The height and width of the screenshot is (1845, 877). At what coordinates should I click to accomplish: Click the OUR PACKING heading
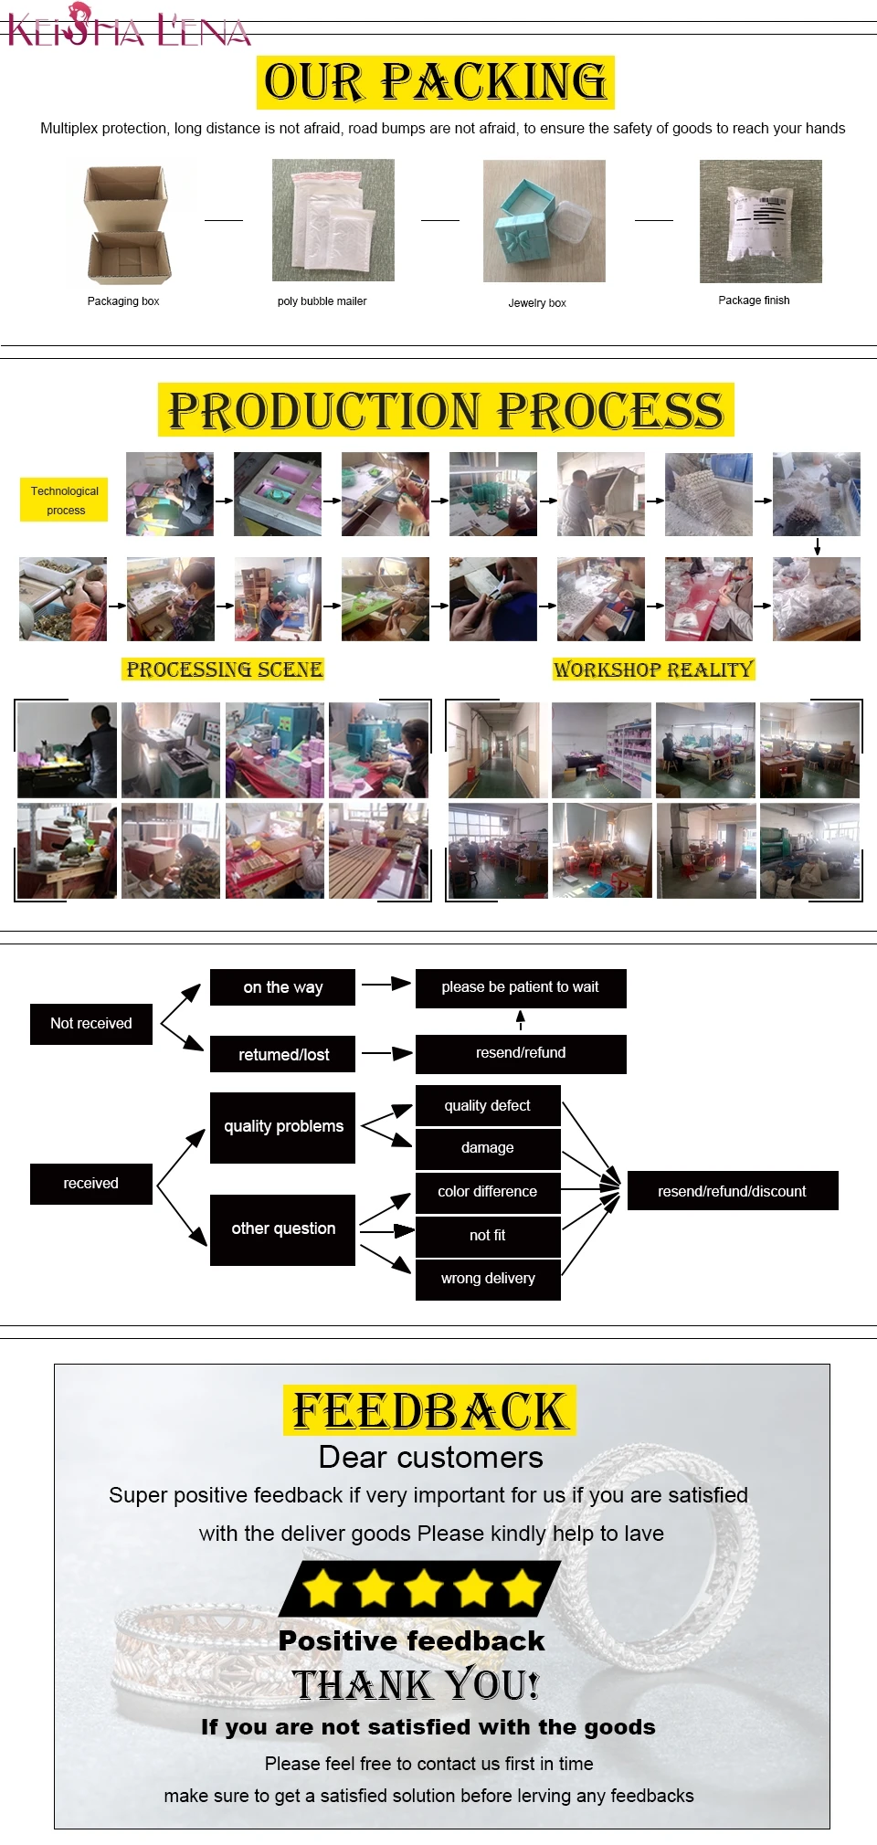click(435, 82)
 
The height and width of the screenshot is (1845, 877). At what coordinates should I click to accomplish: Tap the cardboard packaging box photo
click(127, 225)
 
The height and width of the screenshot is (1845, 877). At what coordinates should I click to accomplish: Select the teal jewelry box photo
click(544, 221)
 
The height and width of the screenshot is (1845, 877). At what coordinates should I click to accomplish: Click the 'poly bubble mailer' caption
click(322, 301)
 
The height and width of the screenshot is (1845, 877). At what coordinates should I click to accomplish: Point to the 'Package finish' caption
click(754, 300)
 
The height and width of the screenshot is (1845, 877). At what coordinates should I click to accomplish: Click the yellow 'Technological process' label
click(64, 500)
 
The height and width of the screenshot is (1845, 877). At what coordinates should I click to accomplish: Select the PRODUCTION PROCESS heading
click(446, 410)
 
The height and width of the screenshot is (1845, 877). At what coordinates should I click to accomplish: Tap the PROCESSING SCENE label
click(224, 669)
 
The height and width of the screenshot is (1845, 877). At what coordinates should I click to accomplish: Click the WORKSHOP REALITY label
click(653, 669)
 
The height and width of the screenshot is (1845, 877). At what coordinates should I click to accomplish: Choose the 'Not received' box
click(91, 1023)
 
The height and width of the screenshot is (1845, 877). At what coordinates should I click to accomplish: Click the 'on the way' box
click(282, 987)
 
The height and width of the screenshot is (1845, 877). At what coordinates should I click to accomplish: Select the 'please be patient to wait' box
click(521, 987)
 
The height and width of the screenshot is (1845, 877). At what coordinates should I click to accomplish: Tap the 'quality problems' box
click(282, 1127)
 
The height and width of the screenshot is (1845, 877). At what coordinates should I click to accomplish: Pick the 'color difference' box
click(488, 1192)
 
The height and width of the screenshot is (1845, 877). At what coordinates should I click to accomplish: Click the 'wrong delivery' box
click(488, 1279)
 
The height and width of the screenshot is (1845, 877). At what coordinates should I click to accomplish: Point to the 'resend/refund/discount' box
click(733, 1191)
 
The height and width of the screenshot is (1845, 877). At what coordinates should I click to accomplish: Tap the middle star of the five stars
click(424, 1588)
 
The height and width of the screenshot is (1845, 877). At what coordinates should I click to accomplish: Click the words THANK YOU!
click(417, 1685)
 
